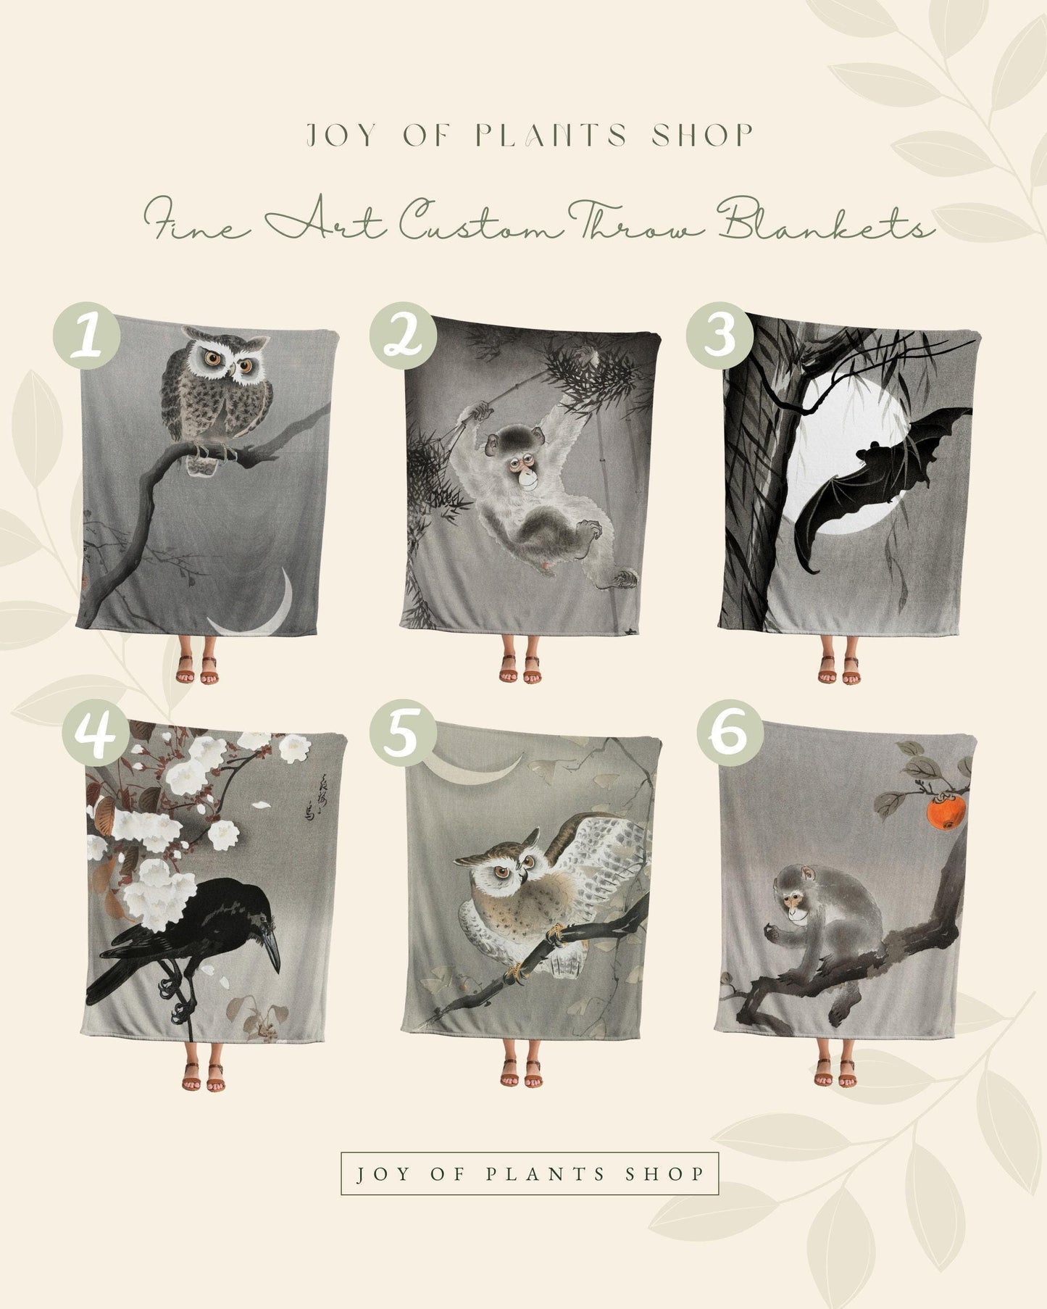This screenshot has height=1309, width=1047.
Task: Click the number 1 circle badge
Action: click(86, 336)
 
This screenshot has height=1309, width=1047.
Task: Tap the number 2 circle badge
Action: click(403, 336)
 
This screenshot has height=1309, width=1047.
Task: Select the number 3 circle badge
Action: click(720, 336)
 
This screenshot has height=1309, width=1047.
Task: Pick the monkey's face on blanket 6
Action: click(796, 899)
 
